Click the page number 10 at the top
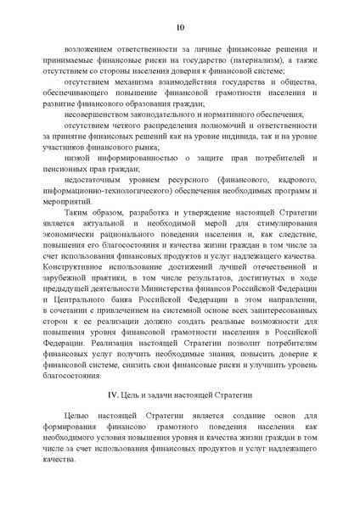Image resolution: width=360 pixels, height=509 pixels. [x=180, y=28]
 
